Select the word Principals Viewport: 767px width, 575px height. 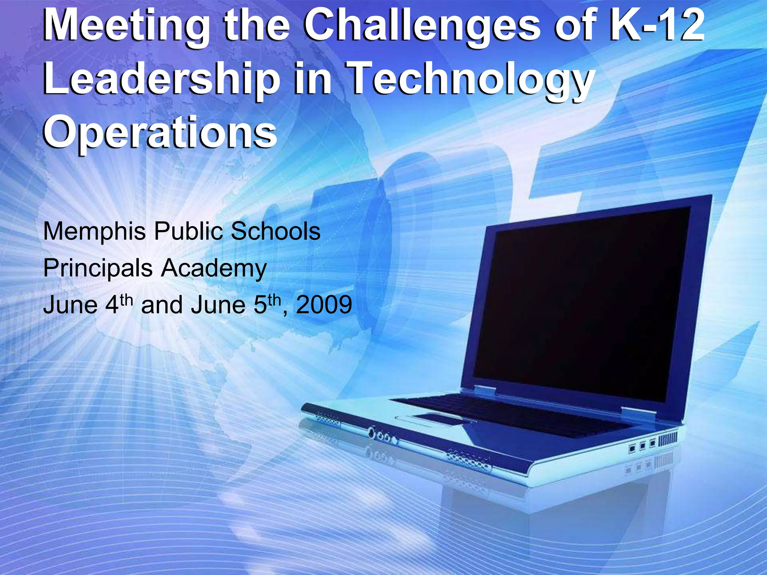tap(98, 268)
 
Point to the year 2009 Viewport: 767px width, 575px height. tap(324, 305)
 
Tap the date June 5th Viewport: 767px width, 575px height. tap(236, 305)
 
